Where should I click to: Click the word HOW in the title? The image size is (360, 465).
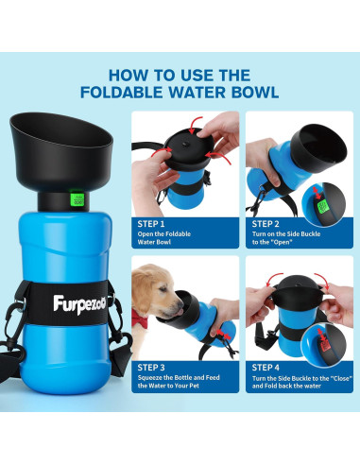tap(131, 73)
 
